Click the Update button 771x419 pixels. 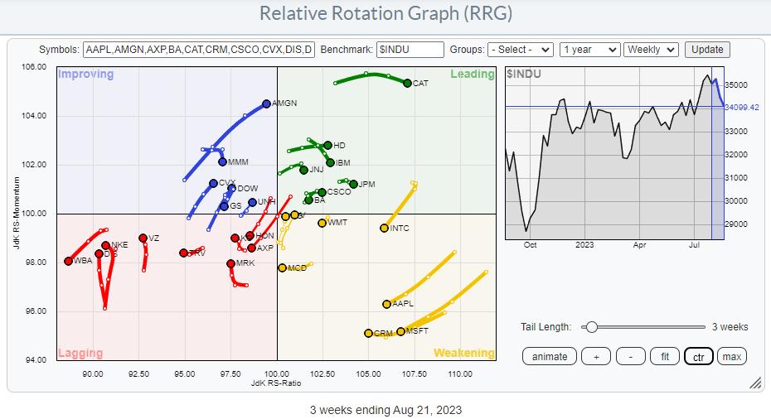(x=707, y=50)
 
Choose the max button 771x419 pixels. (x=731, y=356)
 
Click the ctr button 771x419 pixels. (x=697, y=356)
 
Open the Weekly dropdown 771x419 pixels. (x=651, y=50)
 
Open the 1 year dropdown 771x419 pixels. (x=589, y=50)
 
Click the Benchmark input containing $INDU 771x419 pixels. (x=410, y=50)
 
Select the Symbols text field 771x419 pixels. (x=199, y=50)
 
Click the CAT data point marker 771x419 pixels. (x=407, y=83)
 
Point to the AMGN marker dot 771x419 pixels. (x=266, y=104)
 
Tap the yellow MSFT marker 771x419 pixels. (x=401, y=331)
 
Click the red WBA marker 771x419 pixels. (x=68, y=261)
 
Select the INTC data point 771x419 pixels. (x=384, y=228)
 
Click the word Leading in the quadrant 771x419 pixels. (x=472, y=75)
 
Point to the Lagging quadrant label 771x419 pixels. (x=80, y=354)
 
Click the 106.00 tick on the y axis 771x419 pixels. (x=34, y=66)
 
